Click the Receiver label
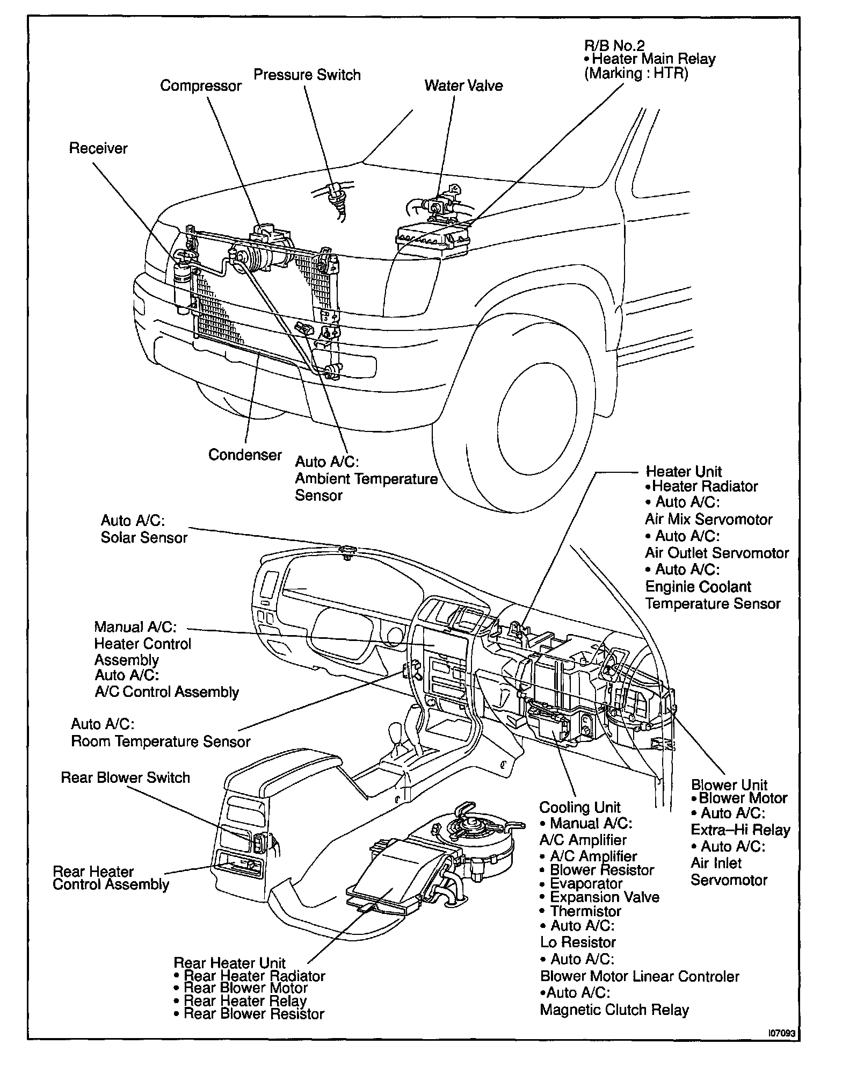98,148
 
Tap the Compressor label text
201,86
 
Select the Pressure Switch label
307,75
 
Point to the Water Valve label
463,86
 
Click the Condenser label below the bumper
245,455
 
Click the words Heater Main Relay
654,59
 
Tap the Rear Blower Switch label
125,777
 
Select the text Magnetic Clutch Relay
614,1010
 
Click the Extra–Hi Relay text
740,830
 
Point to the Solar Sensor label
144,537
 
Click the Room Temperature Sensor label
161,741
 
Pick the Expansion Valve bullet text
604,897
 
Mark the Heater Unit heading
684,472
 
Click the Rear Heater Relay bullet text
245,1000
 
